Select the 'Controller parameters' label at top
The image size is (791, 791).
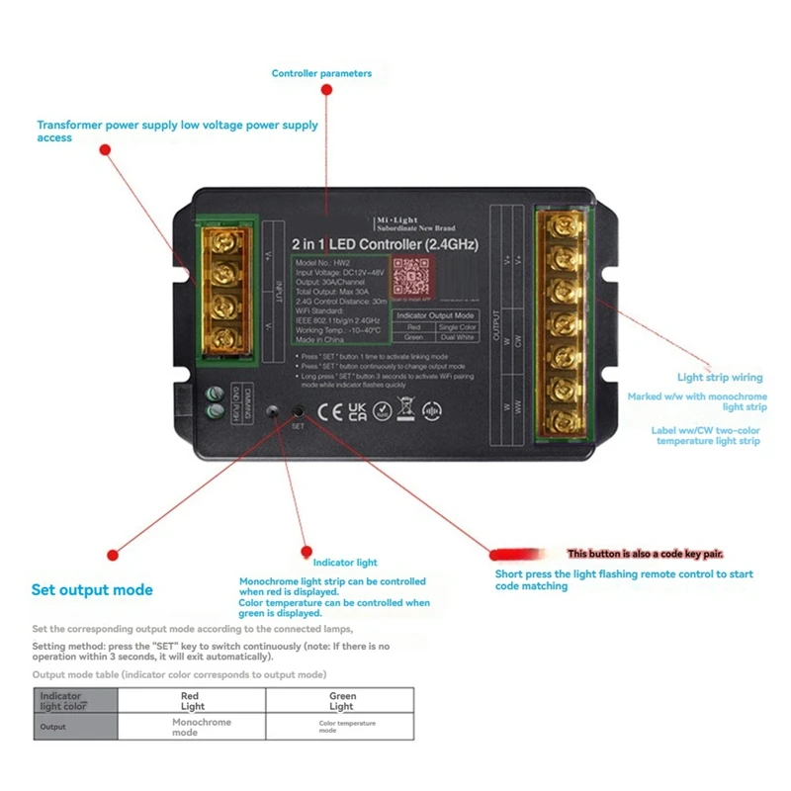(321, 73)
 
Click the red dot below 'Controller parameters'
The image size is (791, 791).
(326, 90)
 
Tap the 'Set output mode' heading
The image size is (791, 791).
(92, 590)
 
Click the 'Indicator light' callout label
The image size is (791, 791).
(338, 563)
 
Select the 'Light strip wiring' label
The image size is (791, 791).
(720, 377)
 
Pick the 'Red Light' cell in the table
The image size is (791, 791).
(192, 701)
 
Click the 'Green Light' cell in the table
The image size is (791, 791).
(341, 701)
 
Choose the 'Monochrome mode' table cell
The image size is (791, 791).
(192, 727)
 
